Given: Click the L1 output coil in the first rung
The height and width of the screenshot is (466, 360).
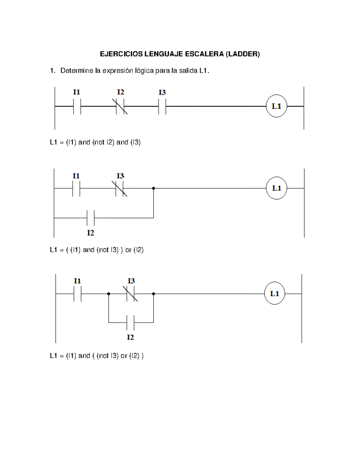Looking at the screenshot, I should pos(276,106).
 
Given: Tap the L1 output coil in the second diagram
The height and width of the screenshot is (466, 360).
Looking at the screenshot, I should pos(276,188).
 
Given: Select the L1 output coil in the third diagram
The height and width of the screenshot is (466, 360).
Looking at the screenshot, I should pos(274,293).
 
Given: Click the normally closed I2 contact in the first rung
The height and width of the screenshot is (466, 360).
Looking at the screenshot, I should pos(120,106).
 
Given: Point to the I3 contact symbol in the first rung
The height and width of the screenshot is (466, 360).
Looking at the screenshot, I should pos(162,106).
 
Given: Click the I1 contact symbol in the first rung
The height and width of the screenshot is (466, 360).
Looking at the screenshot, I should pos(77,106).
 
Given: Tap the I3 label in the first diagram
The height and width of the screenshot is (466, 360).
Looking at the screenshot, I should pos(162,92).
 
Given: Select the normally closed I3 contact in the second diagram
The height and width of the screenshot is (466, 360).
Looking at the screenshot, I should pos(120,188).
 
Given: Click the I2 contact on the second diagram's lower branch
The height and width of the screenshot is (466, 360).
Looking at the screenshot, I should pos(91,218).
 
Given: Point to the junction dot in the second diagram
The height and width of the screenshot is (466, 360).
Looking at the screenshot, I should pos(154,188).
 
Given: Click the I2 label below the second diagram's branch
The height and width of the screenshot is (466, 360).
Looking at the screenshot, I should pos(91,233).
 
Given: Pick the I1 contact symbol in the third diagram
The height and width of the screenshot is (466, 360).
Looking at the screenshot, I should pos(77,294).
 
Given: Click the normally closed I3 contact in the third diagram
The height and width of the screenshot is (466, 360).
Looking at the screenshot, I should pos(130,294).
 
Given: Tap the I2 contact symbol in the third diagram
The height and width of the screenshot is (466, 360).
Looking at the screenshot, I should pos(130,323).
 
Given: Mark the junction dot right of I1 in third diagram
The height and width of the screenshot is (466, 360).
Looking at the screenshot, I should pos(109,294).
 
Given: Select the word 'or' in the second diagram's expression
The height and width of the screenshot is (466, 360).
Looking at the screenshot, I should pos(128,250).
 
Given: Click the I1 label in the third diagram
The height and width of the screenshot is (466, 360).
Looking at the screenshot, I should pos(77,281).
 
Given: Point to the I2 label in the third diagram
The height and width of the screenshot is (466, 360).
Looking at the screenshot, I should pos(130,337).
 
